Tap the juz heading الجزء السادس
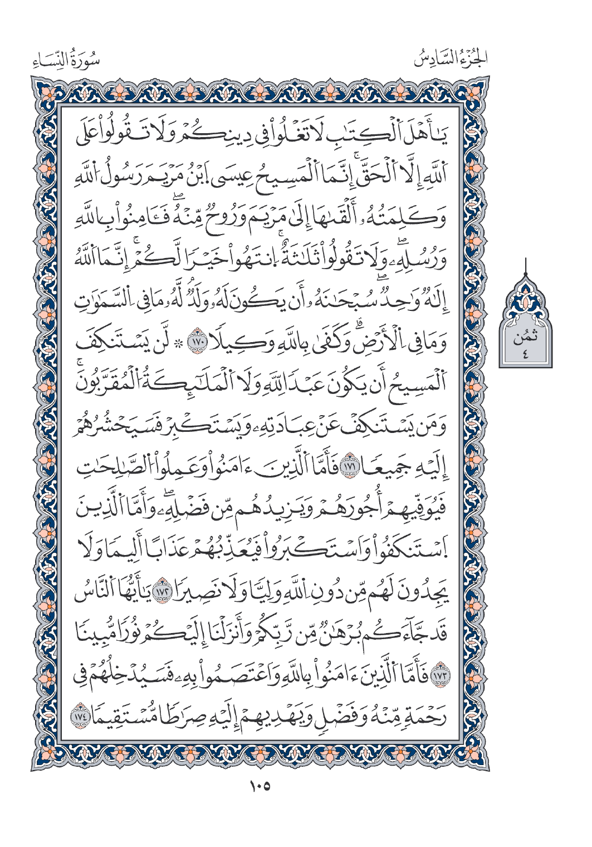[x=452, y=58]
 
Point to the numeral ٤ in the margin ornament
[x=525, y=353]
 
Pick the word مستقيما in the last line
[x=121, y=718]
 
